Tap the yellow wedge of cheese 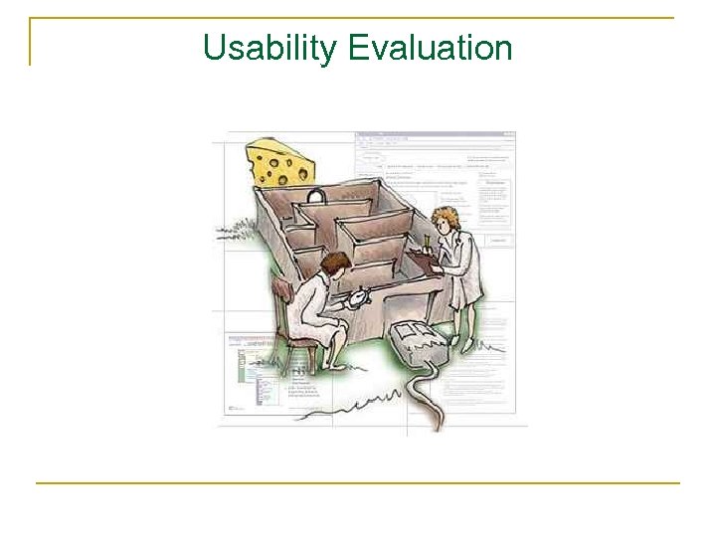(x=280, y=163)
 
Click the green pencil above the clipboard (x=426, y=242)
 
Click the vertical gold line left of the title (x=30, y=42)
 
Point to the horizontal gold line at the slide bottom (x=358, y=483)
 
